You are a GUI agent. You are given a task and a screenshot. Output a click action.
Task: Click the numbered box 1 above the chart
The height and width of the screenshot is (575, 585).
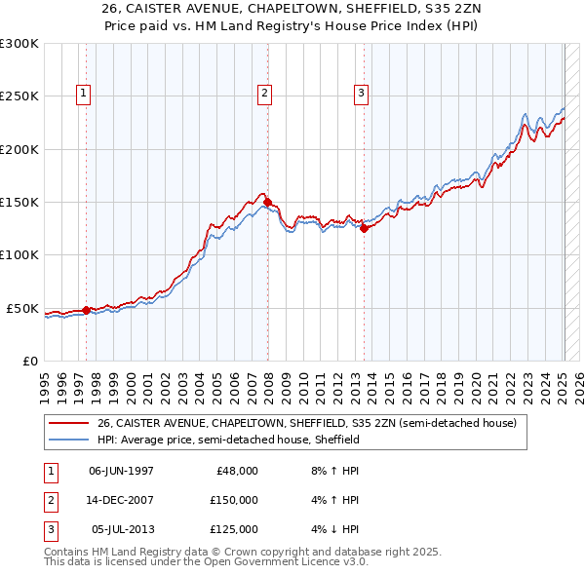click(x=84, y=94)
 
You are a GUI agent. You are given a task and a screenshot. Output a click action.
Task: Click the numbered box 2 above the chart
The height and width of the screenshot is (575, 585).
click(x=264, y=94)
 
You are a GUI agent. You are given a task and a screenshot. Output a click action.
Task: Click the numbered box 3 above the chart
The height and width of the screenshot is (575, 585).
click(x=361, y=94)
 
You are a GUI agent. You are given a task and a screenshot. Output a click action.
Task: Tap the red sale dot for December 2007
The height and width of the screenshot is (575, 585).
click(x=267, y=202)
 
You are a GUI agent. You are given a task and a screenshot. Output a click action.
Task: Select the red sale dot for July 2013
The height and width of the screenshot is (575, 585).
click(x=364, y=229)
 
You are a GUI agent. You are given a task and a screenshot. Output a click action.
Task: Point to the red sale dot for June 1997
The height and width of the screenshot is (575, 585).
click(x=86, y=310)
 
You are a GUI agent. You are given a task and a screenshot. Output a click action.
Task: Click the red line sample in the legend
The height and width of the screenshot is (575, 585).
click(x=69, y=424)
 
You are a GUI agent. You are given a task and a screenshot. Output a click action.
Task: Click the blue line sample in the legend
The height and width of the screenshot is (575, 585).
click(x=69, y=441)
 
